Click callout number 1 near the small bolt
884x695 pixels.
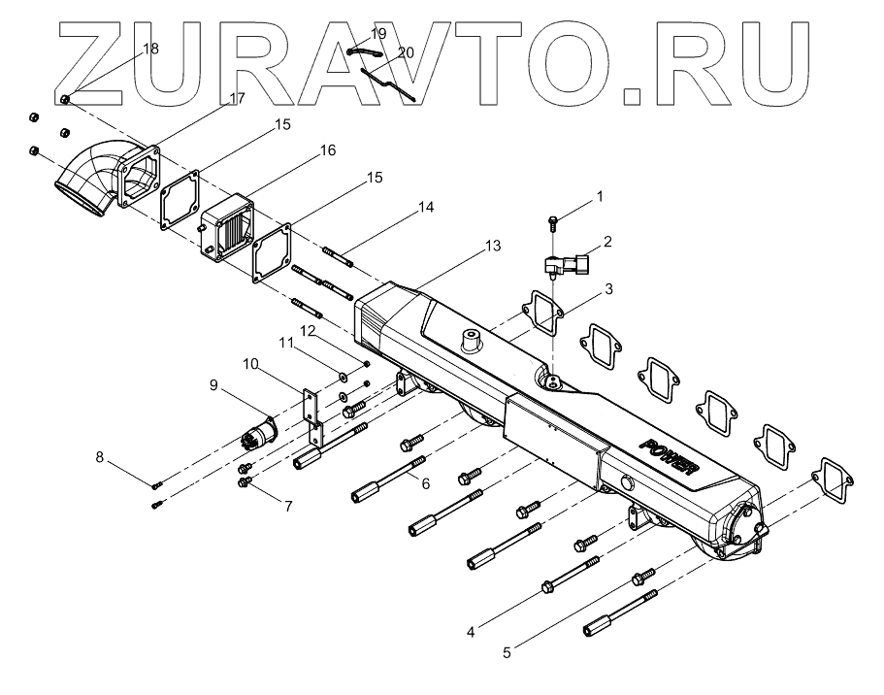click(599, 196)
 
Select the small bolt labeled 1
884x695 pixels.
click(553, 221)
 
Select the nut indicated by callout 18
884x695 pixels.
click(64, 100)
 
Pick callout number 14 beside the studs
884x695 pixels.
click(426, 208)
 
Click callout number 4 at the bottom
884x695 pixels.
click(470, 631)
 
